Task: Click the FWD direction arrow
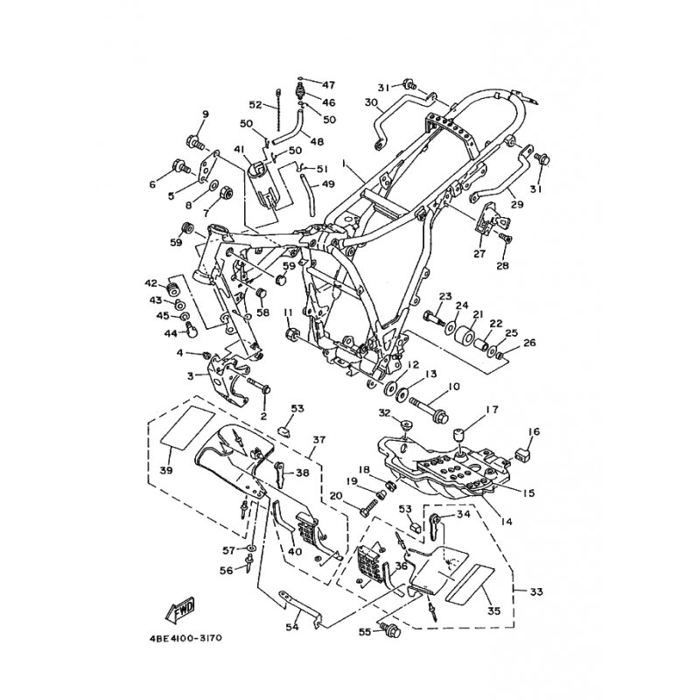tap(180, 610)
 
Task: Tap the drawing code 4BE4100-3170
tap(185, 638)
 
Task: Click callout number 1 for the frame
tap(344, 164)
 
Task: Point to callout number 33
tap(536, 592)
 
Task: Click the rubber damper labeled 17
tap(459, 436)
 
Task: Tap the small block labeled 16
tap(521, 455)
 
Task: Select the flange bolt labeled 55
tap(389, 630)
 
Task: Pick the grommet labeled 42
tap(173, 290)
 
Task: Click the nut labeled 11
tap(290, 333)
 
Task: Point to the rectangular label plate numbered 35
tap(471, 582)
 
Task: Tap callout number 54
tap(291, 627)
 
